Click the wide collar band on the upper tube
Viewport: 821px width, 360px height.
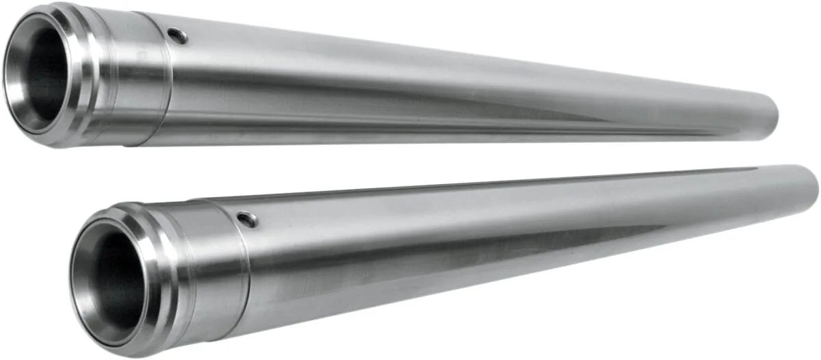(x=133, y=75)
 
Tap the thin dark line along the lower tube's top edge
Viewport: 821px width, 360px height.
(x=479, y=186)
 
